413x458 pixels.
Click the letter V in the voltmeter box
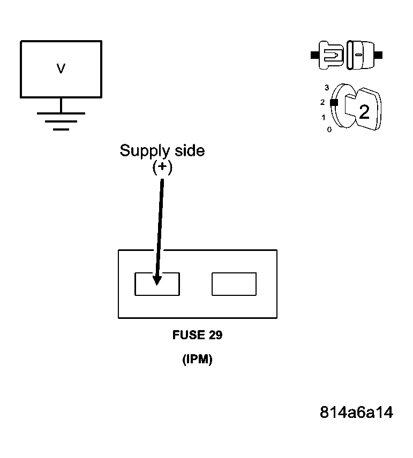pyautogui.click(x=61, y=68)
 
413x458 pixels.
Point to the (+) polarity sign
pyautogui.click(x=162, y=167)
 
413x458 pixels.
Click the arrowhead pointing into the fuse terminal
pyautogui.click(x=157, y=279)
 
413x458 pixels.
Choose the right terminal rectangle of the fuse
pyautogui.click(x=234, y=284)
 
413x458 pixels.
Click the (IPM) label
pyautogui.click(x=197, y=360)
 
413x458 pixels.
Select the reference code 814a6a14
pyautogui.click(x=356, y=413)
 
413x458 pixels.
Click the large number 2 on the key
pyautogui.click(x=364, y=112)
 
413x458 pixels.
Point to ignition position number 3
pyautogui.click(x=326, y=87)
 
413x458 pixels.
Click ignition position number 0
pyautogui.click(x=329, y=129)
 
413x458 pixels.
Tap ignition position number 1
pyautogui.click(x=323, y=117)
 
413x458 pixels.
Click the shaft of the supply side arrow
pyautogui.click(x=160, y=225)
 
